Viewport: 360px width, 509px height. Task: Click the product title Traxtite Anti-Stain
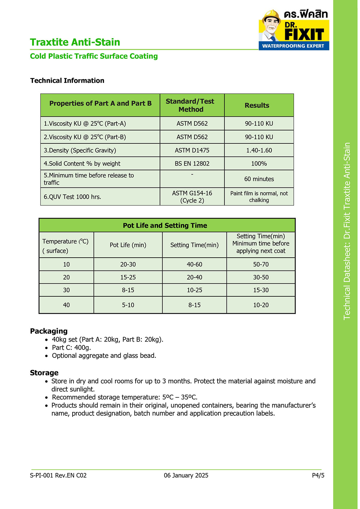[75, 42]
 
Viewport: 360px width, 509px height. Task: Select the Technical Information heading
[67, 80]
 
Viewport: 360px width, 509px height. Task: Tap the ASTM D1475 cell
[192, 150]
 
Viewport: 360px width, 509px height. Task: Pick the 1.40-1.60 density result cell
[259, 150]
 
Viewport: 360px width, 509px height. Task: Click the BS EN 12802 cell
[192, 163]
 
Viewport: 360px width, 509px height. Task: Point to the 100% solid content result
[259, 163]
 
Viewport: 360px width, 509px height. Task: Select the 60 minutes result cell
[259, 179]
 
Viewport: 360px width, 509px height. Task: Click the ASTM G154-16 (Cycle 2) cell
[192, 197]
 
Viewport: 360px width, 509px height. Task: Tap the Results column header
[257, 105]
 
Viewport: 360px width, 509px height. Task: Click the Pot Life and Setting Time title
[165, 226]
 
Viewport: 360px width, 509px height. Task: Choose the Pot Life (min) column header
[128, 245]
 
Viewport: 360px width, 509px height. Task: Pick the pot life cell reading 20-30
[128, 264]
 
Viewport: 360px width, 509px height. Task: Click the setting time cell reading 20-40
[194, 277]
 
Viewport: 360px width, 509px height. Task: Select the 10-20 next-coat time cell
[261, 305]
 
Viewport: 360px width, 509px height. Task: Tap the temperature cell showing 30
[66, 290]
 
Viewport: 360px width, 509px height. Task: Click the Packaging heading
[49, 331]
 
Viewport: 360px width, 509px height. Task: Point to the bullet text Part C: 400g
[71, 348]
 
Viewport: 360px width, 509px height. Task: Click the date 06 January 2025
[186, 475]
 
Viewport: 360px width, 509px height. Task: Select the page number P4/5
[318, 475]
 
